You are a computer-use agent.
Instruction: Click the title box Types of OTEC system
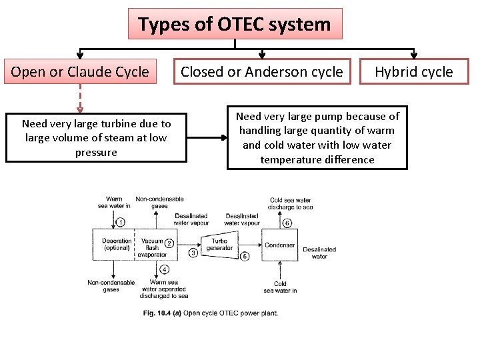[235, 25]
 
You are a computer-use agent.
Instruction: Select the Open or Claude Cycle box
[80, 72]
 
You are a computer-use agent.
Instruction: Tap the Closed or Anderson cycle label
[261, 72]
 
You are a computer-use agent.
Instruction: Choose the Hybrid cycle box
[413, 72]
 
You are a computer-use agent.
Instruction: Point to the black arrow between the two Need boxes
[207, 139]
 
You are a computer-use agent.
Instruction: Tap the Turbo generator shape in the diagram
[219, 245]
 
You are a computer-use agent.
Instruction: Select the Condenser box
[280, 245]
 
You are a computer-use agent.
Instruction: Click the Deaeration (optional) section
[116, 244]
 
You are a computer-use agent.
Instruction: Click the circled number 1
[120, 222]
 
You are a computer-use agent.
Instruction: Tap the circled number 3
[193, 253]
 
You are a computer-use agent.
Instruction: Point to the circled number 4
[165, 269]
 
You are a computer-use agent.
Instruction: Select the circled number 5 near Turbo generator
[244, 256]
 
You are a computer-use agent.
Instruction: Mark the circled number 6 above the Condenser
[287, 223]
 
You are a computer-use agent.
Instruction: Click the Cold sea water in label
[280, 287]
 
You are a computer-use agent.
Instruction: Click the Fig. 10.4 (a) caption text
[211, 313]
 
